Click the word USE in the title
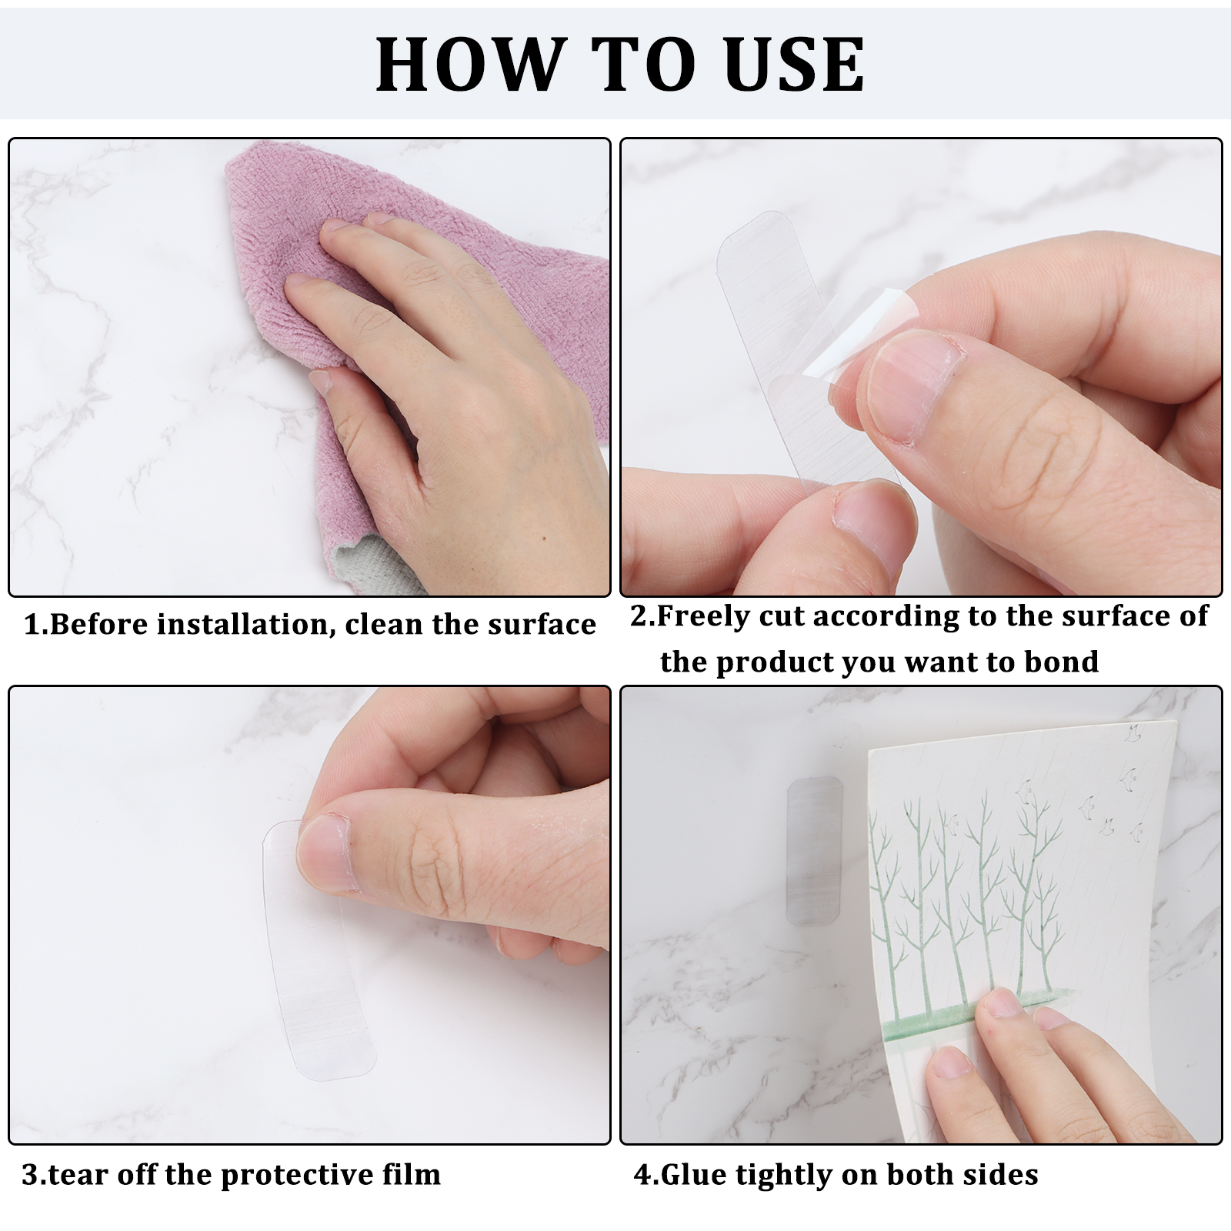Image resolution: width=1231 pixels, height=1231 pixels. click(x=793, y=65)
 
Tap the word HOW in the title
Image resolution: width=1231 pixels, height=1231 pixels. click(x=470, y=65)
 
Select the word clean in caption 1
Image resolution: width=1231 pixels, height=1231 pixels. click(x=384, y=624)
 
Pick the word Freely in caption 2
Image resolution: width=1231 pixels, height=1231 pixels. click(x=703, y=617)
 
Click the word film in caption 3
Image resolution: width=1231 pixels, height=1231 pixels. click(x=416, y=1174)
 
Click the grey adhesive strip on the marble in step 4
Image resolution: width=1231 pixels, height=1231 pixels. click(x=815, y=849)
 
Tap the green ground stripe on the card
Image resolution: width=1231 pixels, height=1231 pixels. click(x=977, y=1016)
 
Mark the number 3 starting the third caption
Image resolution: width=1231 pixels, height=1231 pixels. click(x=29, y=1176)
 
